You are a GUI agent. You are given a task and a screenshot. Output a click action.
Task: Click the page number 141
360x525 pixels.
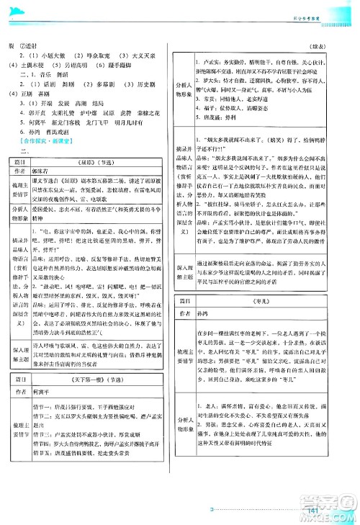312,511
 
